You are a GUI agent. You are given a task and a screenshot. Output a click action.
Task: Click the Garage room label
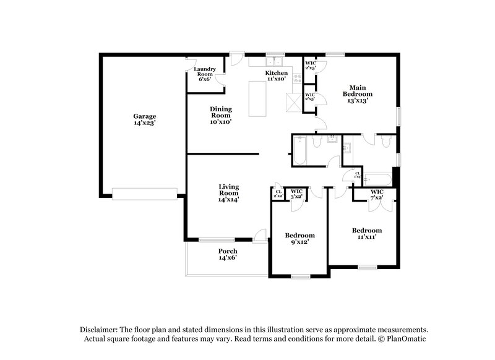pos(144,119)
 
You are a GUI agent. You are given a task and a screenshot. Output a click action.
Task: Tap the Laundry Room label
pos(204,74)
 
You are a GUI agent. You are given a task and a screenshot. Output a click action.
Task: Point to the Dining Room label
pos(221,114)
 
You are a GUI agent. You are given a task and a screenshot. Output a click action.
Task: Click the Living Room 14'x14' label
pos(228,193)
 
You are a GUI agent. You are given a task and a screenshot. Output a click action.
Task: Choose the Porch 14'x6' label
pos(227,254)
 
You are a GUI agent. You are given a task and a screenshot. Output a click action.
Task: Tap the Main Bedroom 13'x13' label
pos(359,94)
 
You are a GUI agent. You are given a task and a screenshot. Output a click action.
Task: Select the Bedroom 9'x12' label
pos(299,239)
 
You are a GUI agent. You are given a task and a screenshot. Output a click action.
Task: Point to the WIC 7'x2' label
pos(377,195)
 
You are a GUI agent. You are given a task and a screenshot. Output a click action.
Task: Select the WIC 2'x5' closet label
pos(310,65)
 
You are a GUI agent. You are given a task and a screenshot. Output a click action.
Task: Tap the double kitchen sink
pos(273,62)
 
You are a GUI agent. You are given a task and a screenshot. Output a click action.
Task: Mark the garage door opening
pos(144,194)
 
